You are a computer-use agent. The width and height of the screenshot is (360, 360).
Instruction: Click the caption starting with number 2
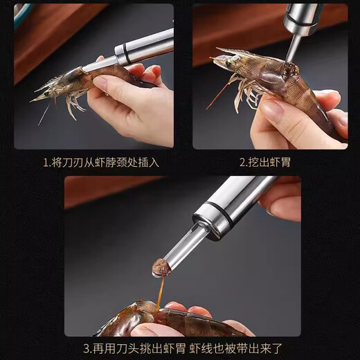[269, 163]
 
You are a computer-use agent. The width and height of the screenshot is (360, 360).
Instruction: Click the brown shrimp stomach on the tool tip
[162, 267]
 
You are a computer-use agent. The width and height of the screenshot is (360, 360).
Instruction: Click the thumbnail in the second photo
[272, 107]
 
